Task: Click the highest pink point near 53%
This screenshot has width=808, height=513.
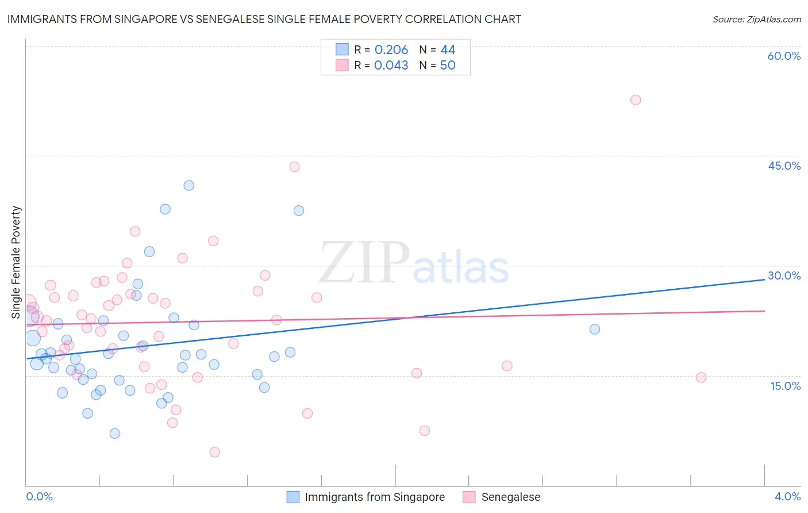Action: point(635,100)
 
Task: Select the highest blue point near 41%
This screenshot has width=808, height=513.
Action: point(188,186)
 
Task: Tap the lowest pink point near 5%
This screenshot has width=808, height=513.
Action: point(214,452)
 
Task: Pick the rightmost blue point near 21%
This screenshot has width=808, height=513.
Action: point(594,330)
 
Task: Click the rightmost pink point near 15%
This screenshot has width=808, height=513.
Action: point(701,378)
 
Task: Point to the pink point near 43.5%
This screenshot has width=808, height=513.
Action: point(294,167)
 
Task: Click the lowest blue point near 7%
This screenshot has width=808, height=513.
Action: point(115,434)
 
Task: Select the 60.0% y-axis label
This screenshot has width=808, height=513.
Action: point(784,56)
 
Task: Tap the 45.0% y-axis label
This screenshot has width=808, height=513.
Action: point(784,166)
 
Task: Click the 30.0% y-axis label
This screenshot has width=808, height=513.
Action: point(784,275)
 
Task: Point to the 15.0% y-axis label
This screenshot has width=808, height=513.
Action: point(785,386)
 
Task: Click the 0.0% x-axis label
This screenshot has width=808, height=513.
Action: point(39,496)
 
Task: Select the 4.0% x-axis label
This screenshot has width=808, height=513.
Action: point(787,496)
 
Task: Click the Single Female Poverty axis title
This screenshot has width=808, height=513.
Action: point(16,262)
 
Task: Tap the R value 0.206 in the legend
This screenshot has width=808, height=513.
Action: point(391,50)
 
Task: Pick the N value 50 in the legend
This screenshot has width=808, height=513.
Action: point(448,66)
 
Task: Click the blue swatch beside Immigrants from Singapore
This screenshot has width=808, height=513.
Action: point(293,497)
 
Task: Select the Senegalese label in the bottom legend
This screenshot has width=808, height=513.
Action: point(510,497)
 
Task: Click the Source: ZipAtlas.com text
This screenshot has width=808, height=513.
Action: point(756,20)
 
